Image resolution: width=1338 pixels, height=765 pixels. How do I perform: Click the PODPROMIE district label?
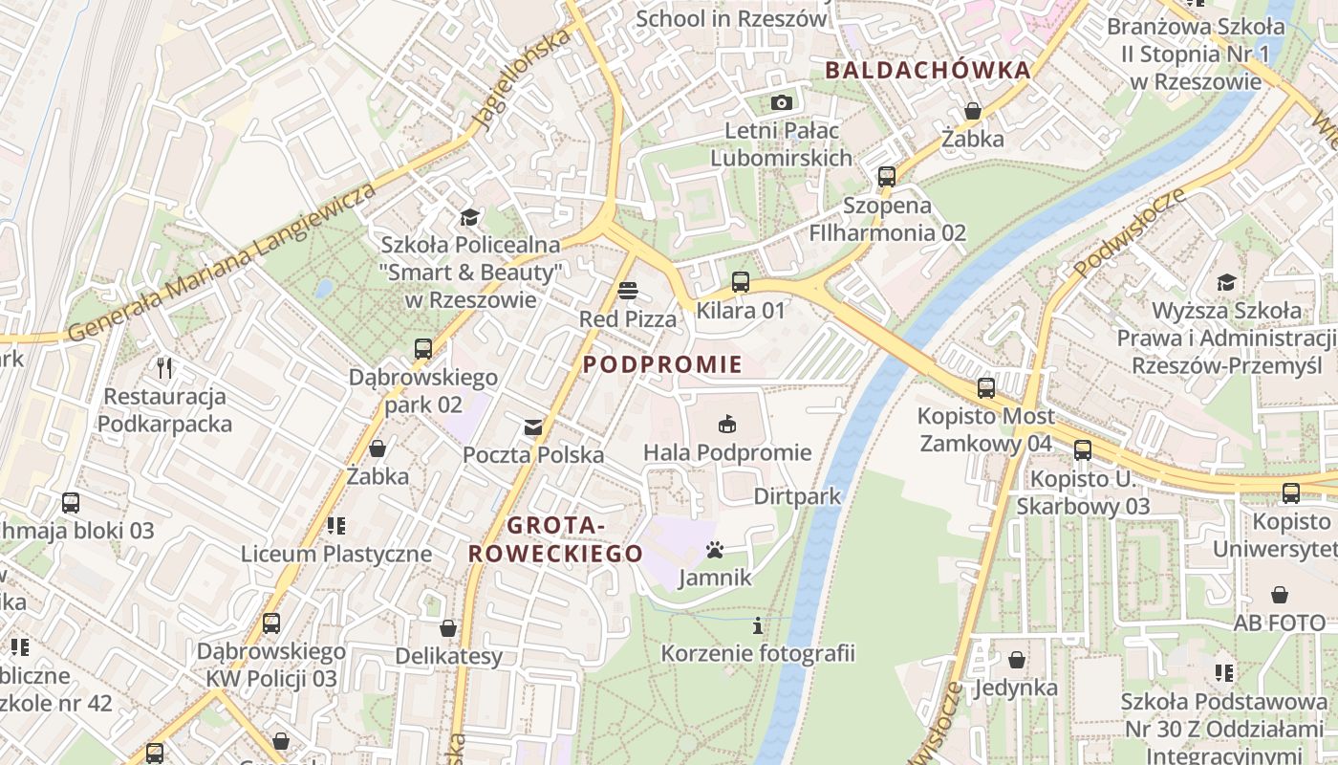[662, 364]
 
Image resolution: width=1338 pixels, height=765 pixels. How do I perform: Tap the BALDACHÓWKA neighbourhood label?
[928, 70]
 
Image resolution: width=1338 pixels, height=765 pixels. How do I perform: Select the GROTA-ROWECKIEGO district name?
[555, 539]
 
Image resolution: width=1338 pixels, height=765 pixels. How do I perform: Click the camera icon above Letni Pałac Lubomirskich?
[781, 102]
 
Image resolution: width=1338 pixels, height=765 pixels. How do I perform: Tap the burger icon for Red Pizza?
[628, 290]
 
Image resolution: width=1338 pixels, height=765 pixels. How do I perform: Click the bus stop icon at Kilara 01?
[741, 282]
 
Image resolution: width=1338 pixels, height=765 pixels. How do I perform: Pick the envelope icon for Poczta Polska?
[532, 426]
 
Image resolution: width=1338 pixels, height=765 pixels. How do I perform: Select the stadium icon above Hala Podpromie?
[727, 424]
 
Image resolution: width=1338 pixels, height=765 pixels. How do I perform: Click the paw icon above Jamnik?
[715, 550]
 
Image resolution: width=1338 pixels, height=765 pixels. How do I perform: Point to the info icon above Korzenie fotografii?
[758, 625]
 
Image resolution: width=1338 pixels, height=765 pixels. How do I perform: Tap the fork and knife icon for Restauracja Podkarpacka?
[164, 367]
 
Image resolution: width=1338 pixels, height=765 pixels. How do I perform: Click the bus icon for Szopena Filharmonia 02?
[887, 177]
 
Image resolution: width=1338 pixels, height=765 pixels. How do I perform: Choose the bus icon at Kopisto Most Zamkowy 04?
[986, 388]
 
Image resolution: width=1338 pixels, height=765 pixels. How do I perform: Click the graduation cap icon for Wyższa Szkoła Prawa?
[1226, 282]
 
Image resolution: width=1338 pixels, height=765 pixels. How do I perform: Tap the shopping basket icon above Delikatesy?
[448, 628]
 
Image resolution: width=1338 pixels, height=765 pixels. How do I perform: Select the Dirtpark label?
[797, 496]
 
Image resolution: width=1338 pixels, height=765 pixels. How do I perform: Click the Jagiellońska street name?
[523, 79]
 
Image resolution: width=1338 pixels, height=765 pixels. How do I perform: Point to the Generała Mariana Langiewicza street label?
[223, 261]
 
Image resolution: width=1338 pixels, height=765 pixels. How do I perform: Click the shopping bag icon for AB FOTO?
[1280, 595]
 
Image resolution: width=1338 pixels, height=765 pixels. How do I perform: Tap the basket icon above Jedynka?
[1017, 660]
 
